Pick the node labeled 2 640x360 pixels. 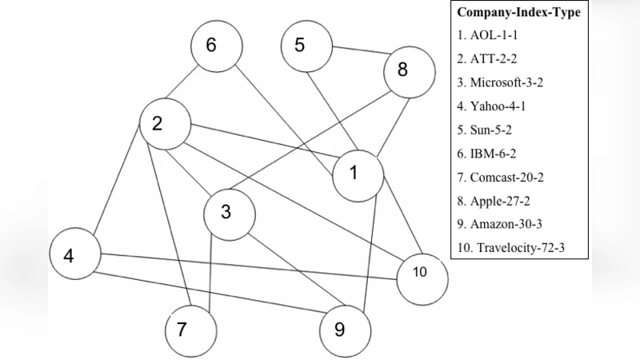point(164,124)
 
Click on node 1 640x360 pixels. point(358,173)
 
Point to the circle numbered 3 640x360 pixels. point(229,213)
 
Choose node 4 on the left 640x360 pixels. point(74,256)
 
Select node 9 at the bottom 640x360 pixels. point(345,329)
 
